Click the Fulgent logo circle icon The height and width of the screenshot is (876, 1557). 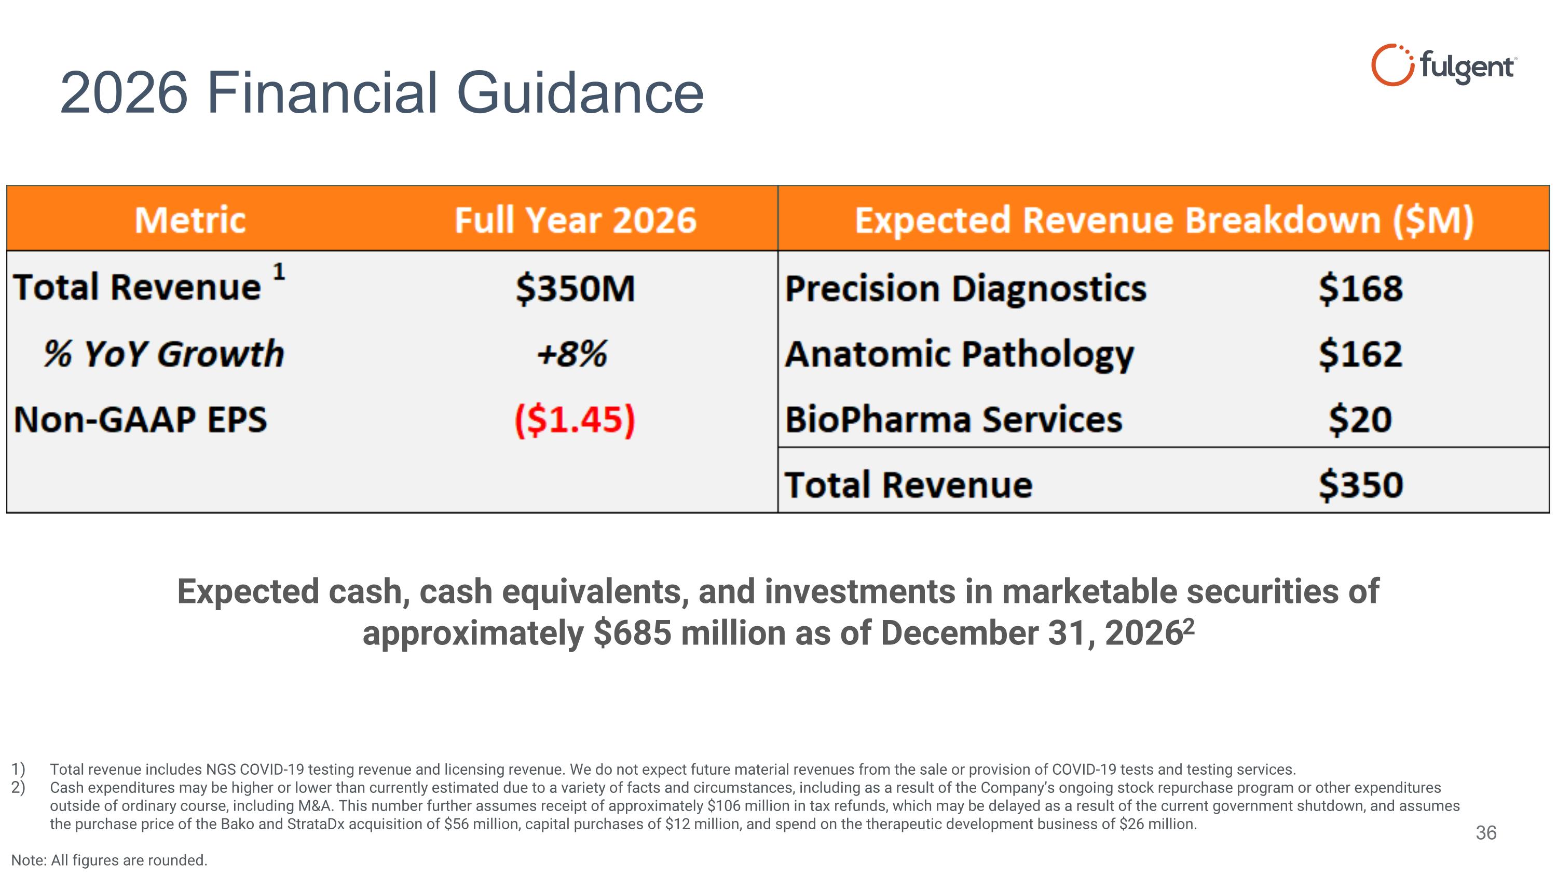tap(1391, 65)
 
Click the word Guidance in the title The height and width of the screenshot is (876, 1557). tap(580, 93)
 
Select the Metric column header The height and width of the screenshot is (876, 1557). tap(190, 220)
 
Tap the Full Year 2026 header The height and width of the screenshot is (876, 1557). tap(575, 220)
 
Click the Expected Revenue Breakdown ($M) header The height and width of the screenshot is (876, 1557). tap(1164, 220)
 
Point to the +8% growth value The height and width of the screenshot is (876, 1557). tap(572, 354)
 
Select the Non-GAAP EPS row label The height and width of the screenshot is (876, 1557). tap(140, 420)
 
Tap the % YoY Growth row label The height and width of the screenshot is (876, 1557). tap(163, 354)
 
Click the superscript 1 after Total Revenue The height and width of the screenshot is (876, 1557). tap(279, 272)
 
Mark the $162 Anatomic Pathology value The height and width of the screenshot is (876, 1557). tap(1360, 354)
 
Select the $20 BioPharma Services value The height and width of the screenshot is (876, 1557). tap(1360, 420)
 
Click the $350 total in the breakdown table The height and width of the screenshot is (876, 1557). tap(1360, 486)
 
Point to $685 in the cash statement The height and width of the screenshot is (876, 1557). tap(632, 633)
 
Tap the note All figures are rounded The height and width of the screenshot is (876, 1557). tap(110, 860)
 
